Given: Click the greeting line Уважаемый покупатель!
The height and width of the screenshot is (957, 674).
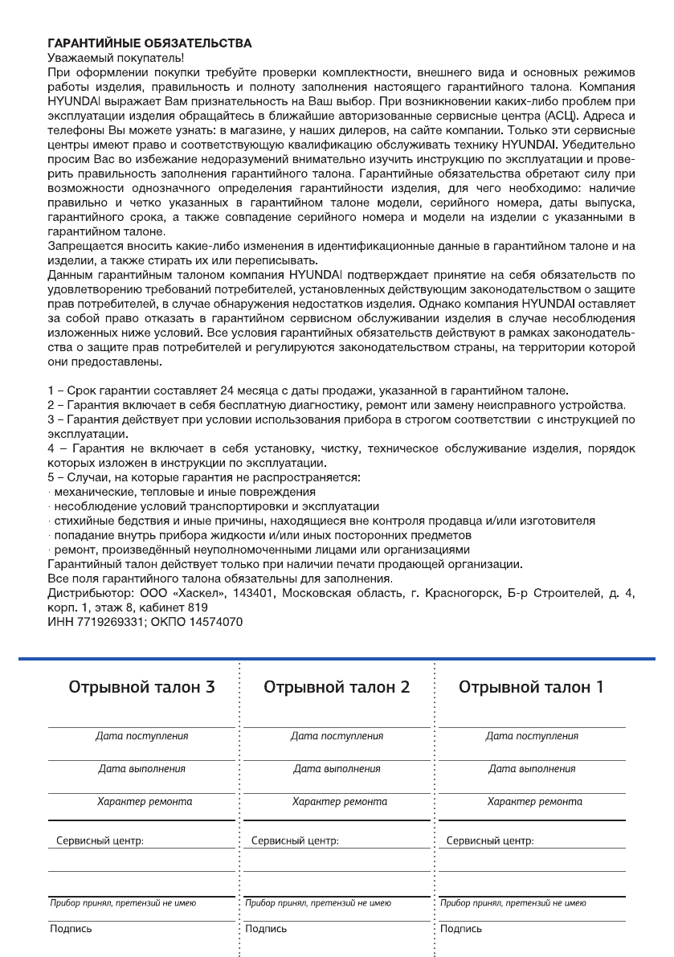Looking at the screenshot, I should [x=116, y=57].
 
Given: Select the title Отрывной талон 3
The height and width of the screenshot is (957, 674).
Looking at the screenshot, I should [x=142, y=687].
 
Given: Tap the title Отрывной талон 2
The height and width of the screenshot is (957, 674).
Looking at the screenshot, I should [x=337, y=687].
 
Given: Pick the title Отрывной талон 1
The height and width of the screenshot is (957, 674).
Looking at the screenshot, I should [x=532, y=687].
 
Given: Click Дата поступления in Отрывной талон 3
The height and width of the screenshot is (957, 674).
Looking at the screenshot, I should [x=142, y=735].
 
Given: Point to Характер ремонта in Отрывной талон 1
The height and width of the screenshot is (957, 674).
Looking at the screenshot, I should [x=534, y=801].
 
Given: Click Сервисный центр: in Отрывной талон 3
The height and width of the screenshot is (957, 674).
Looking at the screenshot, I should [x=100, y=840].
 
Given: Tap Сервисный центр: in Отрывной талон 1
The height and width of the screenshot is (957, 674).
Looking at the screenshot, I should [x=489, y=840].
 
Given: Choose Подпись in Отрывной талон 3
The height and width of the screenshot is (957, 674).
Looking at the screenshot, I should [x=71, y=929].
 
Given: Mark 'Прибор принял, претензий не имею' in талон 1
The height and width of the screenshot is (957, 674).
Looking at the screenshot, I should [x=513, y=903].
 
